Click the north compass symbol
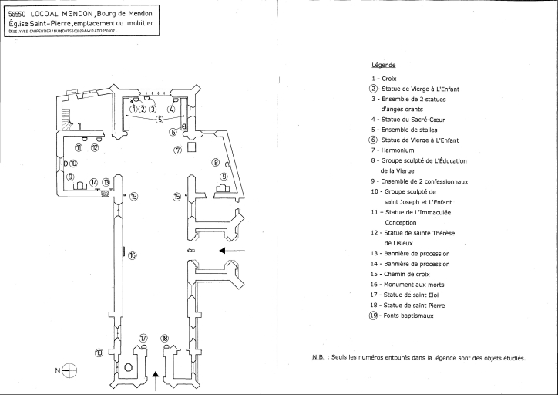69,370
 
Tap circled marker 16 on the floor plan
133,255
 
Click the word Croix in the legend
390,79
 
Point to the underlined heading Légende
383,65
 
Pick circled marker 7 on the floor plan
177,149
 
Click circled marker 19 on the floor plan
99,353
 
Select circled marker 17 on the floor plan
143,338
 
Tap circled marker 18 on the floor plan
165,338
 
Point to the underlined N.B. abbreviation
318,357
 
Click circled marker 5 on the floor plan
160,119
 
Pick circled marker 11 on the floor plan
79,147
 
